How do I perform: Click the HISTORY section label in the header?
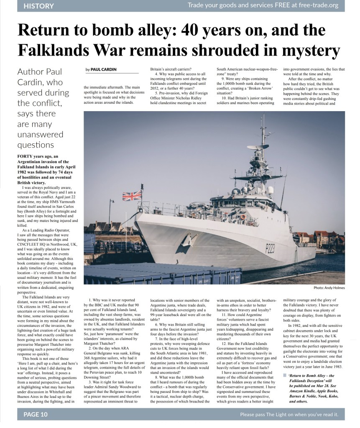(x=39, y=6)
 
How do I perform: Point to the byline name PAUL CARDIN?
(x=104, y=69)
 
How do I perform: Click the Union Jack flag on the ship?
(x=132, y=196)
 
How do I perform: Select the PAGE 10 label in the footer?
(x=36, y=415)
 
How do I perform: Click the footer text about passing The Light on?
(x=289, y=415)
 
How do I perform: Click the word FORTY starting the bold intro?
(x=26, y=156)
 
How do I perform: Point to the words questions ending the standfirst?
(x=36, y=145)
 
